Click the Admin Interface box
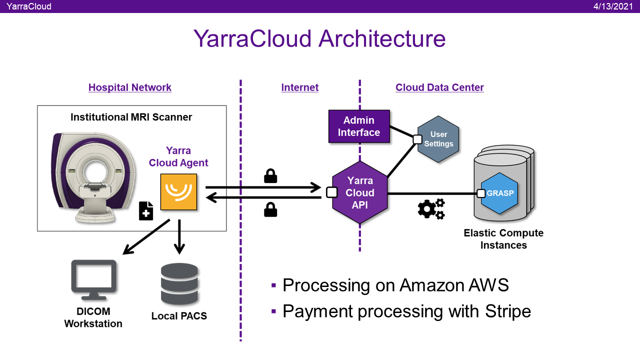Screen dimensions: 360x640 [358, 126]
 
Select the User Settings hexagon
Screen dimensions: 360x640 [438, 139]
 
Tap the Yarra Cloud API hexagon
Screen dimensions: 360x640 [360, 193]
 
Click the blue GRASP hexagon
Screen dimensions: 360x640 [500, 193]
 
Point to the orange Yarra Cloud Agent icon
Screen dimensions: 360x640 [178, 192]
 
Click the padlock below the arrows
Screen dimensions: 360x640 [270, 209]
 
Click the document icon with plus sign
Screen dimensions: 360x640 [146, 211]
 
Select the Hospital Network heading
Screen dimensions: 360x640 [130, 87]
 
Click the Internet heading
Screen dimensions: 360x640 [300, 87]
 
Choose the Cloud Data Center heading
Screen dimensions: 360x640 [439, 87]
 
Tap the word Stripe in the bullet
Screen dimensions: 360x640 [507, 311]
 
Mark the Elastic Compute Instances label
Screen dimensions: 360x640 [503, 239]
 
